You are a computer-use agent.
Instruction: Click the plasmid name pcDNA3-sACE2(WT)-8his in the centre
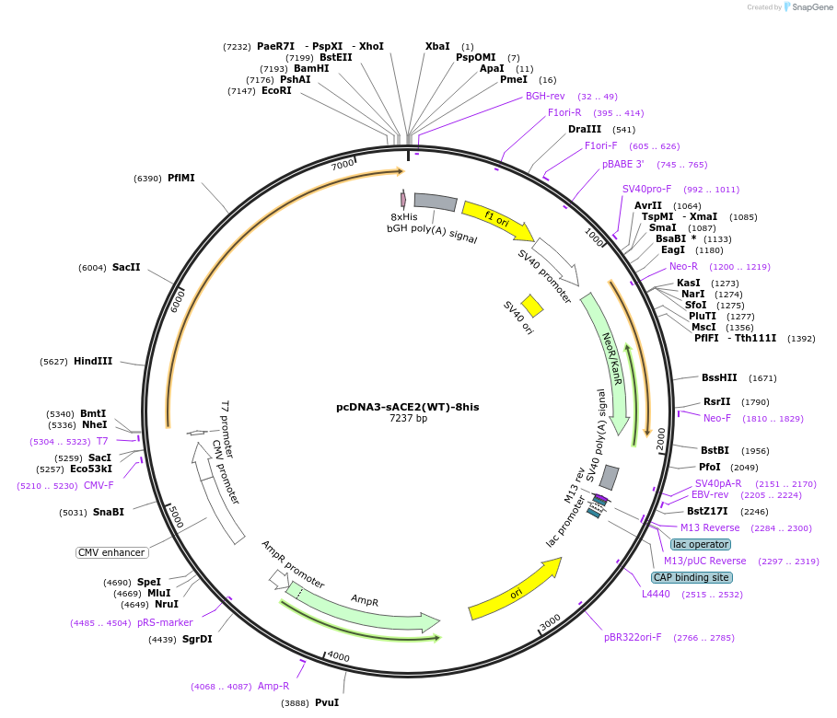407,406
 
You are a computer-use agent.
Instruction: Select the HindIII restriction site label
93,362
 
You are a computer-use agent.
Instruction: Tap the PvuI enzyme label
327,702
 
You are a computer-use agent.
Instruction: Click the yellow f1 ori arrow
497,220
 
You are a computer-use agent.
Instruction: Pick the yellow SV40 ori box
532,306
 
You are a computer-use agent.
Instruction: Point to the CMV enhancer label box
111,552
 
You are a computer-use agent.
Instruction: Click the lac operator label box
701,544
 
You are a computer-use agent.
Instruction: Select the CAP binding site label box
692,577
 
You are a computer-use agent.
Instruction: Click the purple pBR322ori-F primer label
633,637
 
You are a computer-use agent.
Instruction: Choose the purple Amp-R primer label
273,686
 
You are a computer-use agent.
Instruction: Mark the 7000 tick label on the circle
343,165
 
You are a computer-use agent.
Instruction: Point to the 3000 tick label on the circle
550,624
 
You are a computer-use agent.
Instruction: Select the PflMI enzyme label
181,178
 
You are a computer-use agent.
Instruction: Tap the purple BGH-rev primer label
545,96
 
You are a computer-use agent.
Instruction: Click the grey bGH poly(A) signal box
436,202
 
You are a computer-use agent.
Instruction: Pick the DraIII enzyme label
585,129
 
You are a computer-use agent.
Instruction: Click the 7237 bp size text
408,419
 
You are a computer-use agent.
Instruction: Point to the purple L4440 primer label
658,595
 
